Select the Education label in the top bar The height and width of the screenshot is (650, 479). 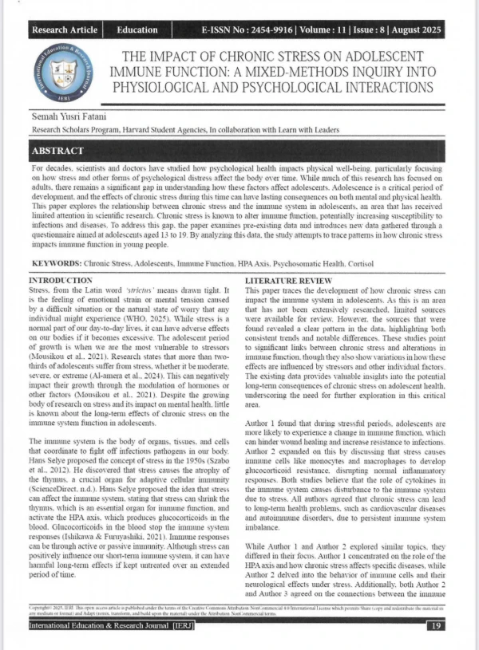coord(137,30)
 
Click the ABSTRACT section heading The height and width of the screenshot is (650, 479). coord(58,151)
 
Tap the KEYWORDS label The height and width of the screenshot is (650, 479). coord(58,262)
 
